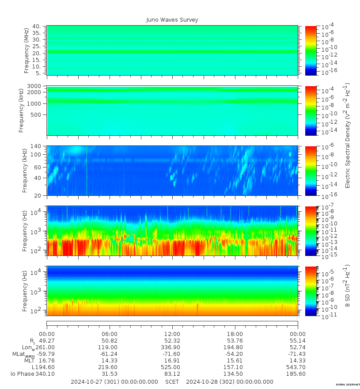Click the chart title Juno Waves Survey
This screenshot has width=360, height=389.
172,20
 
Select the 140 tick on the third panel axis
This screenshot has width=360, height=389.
36,146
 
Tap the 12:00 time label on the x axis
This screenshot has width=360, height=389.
172,334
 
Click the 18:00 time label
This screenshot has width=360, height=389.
235,334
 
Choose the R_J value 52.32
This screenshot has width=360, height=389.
172,341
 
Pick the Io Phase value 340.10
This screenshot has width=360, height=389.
45,374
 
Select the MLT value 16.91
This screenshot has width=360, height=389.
172,361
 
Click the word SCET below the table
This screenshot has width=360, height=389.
172,382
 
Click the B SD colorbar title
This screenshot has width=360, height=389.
348,286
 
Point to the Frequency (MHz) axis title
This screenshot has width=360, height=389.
27,51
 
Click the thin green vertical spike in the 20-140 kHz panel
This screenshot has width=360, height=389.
87,170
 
